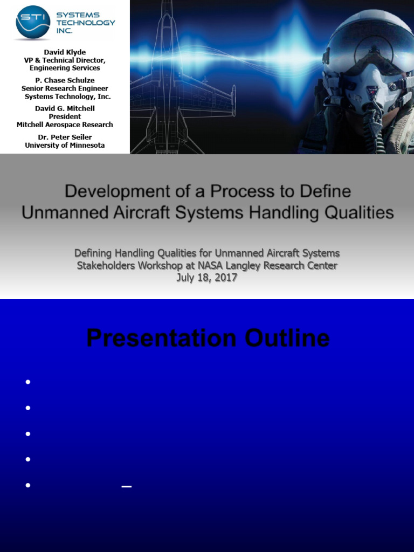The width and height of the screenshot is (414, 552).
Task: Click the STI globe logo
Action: tap(33, 23)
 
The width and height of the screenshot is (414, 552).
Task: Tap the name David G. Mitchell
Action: tap(65, 108)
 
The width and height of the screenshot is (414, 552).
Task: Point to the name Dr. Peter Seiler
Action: tap(65, 137)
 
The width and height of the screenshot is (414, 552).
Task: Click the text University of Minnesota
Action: tap(65, 145)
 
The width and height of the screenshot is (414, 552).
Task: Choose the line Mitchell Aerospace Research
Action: tap(65, 125)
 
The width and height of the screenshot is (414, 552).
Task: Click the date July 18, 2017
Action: tap(207, 279)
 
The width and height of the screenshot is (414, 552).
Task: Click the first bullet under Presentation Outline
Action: tap(27, 382)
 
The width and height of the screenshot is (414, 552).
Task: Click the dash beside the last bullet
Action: tap(127, 486)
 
